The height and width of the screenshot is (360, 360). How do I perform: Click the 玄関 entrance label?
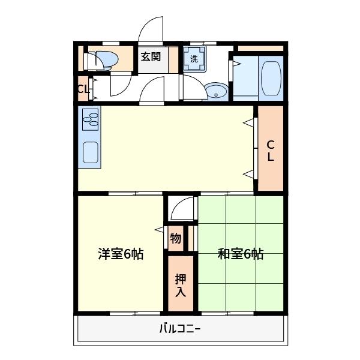click(151, 57)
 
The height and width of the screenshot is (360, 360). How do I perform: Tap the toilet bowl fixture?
click(103, 61)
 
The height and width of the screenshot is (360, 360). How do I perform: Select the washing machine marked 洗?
click(194, 59)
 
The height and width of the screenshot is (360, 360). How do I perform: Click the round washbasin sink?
click(216, 91)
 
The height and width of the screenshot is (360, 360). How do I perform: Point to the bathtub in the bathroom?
click(271, 78)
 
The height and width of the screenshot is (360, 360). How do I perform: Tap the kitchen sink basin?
click(91, 152)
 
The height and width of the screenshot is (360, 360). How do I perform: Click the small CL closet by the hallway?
click(83, 89)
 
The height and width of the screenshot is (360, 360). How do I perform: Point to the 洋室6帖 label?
click(121, 254)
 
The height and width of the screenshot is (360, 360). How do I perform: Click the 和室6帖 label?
click(240, 254)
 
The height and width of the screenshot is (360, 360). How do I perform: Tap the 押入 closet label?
click(181, 285)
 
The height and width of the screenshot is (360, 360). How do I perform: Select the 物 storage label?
click(176, 239)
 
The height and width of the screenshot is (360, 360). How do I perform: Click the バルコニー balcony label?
click(180, 329)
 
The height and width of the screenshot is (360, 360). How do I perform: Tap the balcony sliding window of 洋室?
click(135, 313)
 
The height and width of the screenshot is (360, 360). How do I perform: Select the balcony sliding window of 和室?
click(228, 313)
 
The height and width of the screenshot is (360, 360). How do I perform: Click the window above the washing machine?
click(203, 43)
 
